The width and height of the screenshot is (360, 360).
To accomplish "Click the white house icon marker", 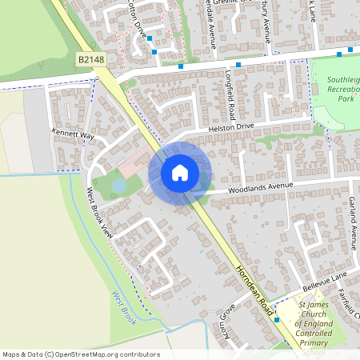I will pos(180,172).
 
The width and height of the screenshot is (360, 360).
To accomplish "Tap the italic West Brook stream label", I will pos(126,307).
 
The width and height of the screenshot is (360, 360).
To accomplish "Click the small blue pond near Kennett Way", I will pos(118,186).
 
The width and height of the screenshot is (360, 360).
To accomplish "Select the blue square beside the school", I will pos(276,320).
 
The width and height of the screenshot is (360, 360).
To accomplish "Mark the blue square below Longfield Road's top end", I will pos(238,64).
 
